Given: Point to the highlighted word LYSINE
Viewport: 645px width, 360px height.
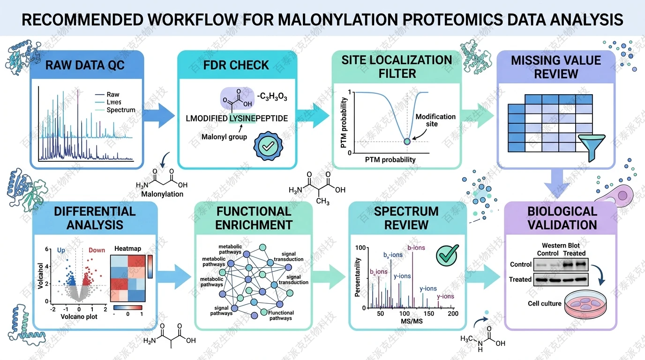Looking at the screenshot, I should coord(242,119).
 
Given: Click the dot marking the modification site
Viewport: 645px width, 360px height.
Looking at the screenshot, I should coord(407,142).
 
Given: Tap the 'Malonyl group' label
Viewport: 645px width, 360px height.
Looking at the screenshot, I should coord(221,137).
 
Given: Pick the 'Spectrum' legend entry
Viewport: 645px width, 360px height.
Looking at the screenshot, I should coord(120,110).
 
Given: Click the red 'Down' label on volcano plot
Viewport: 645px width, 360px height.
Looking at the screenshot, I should coord(97,250).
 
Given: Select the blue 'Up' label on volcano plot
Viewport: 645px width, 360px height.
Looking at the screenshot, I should coord(61,250).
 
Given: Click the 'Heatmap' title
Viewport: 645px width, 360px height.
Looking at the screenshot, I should coord(127,248).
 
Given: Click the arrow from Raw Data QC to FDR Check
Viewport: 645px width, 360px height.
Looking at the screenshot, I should coord(160,114).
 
